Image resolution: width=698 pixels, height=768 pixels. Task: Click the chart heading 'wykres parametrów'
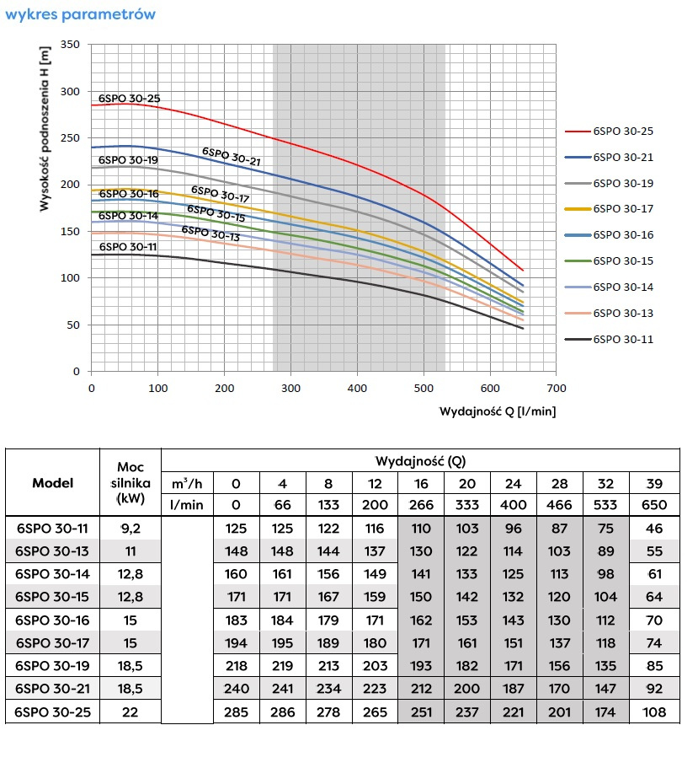(x=80, y=14)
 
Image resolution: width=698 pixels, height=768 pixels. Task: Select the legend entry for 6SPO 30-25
(x=622, y=132)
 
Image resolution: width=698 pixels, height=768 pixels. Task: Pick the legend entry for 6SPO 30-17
(x=622, y=209)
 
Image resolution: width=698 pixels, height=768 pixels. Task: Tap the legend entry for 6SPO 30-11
(x=622, y=340)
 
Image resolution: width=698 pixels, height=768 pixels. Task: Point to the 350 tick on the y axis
(x=71, y=45)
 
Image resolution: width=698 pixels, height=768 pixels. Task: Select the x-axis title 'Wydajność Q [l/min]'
(x=498, y=411)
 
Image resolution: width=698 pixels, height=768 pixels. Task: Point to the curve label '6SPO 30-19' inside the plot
(x=128, y=159)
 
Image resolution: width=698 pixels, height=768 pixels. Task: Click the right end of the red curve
(x=523, y=270)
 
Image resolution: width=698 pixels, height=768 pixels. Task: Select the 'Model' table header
(x=52, y=483)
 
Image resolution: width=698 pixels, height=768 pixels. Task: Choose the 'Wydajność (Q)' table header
(x=419, y=460)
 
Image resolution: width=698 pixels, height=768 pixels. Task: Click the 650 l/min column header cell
(x=653, y=504)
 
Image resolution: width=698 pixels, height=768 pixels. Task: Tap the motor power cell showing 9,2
(x=131, y=529)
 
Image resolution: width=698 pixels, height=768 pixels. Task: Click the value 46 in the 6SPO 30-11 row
(x=653, y=529)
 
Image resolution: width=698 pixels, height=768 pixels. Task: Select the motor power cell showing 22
(x=131, y=712)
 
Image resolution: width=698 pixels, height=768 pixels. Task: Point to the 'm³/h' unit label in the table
(x=187, y=483)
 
